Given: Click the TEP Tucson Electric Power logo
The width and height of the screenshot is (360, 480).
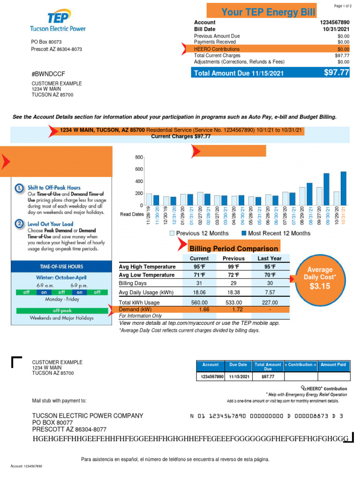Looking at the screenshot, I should coord(58,22).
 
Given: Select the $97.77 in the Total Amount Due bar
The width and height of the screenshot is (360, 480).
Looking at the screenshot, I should coord(337,72).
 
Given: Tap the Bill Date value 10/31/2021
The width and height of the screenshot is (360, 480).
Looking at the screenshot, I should coord(336,29).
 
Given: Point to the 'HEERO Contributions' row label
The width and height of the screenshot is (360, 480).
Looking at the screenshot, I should coord(217,49).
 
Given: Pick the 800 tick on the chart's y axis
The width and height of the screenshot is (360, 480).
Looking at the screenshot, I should coord(139,157).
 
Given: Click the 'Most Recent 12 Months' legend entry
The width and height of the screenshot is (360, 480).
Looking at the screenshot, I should coord(275,233).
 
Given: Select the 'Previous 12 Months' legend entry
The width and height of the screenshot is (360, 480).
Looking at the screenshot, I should coord(199,233).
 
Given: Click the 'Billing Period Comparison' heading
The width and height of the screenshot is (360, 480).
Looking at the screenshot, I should coord(233,248).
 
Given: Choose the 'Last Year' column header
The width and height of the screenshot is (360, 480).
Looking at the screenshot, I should coord(270,258).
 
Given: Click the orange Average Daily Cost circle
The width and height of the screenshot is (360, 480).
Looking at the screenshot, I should coord(320,278).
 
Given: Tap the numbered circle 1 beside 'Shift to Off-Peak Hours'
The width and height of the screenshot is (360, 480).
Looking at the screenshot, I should coord(19,188).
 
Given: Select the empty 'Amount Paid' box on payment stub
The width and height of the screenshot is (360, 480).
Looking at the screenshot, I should coord(334,376).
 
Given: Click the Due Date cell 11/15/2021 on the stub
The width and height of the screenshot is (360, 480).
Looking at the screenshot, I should coord(239,376).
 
